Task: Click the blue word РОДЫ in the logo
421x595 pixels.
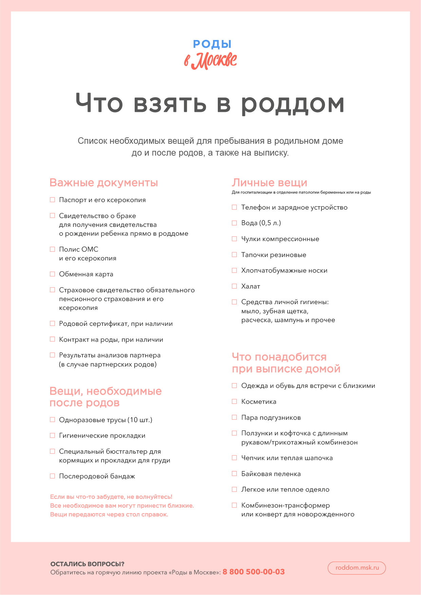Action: [x=212, y=44]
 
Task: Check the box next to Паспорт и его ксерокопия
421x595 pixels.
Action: [x=53, y=200]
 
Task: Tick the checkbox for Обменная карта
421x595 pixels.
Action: [x=53, y=274]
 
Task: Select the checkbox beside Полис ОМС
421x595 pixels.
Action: [x=53, y=249]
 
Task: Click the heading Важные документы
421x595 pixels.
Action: [x=103, y=183]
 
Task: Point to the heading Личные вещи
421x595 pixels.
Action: [x=269, y=183]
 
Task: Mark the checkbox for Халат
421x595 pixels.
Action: [x=234, y=286]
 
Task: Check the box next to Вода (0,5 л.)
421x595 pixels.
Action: [x=234, y=223]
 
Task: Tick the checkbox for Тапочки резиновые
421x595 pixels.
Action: [x=234, y=255]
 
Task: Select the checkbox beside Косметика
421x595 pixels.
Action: [x=234, y=401]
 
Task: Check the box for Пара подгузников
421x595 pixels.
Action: [x=234, y=417]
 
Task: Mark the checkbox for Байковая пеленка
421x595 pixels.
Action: [x=234, y=474]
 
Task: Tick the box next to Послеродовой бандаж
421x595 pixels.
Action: [x=53, y=476]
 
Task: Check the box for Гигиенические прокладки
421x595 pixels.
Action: [x=53, y=435]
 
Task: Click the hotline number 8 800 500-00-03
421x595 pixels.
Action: [x=253, y=572]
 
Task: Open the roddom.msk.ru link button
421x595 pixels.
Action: [x=357, y=568]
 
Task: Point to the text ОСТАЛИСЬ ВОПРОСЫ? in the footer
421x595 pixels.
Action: [x=87, y=564]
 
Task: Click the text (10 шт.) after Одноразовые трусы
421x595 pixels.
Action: [x=140, y=420]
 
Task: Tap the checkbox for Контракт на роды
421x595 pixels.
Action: [x=53, y=339]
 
